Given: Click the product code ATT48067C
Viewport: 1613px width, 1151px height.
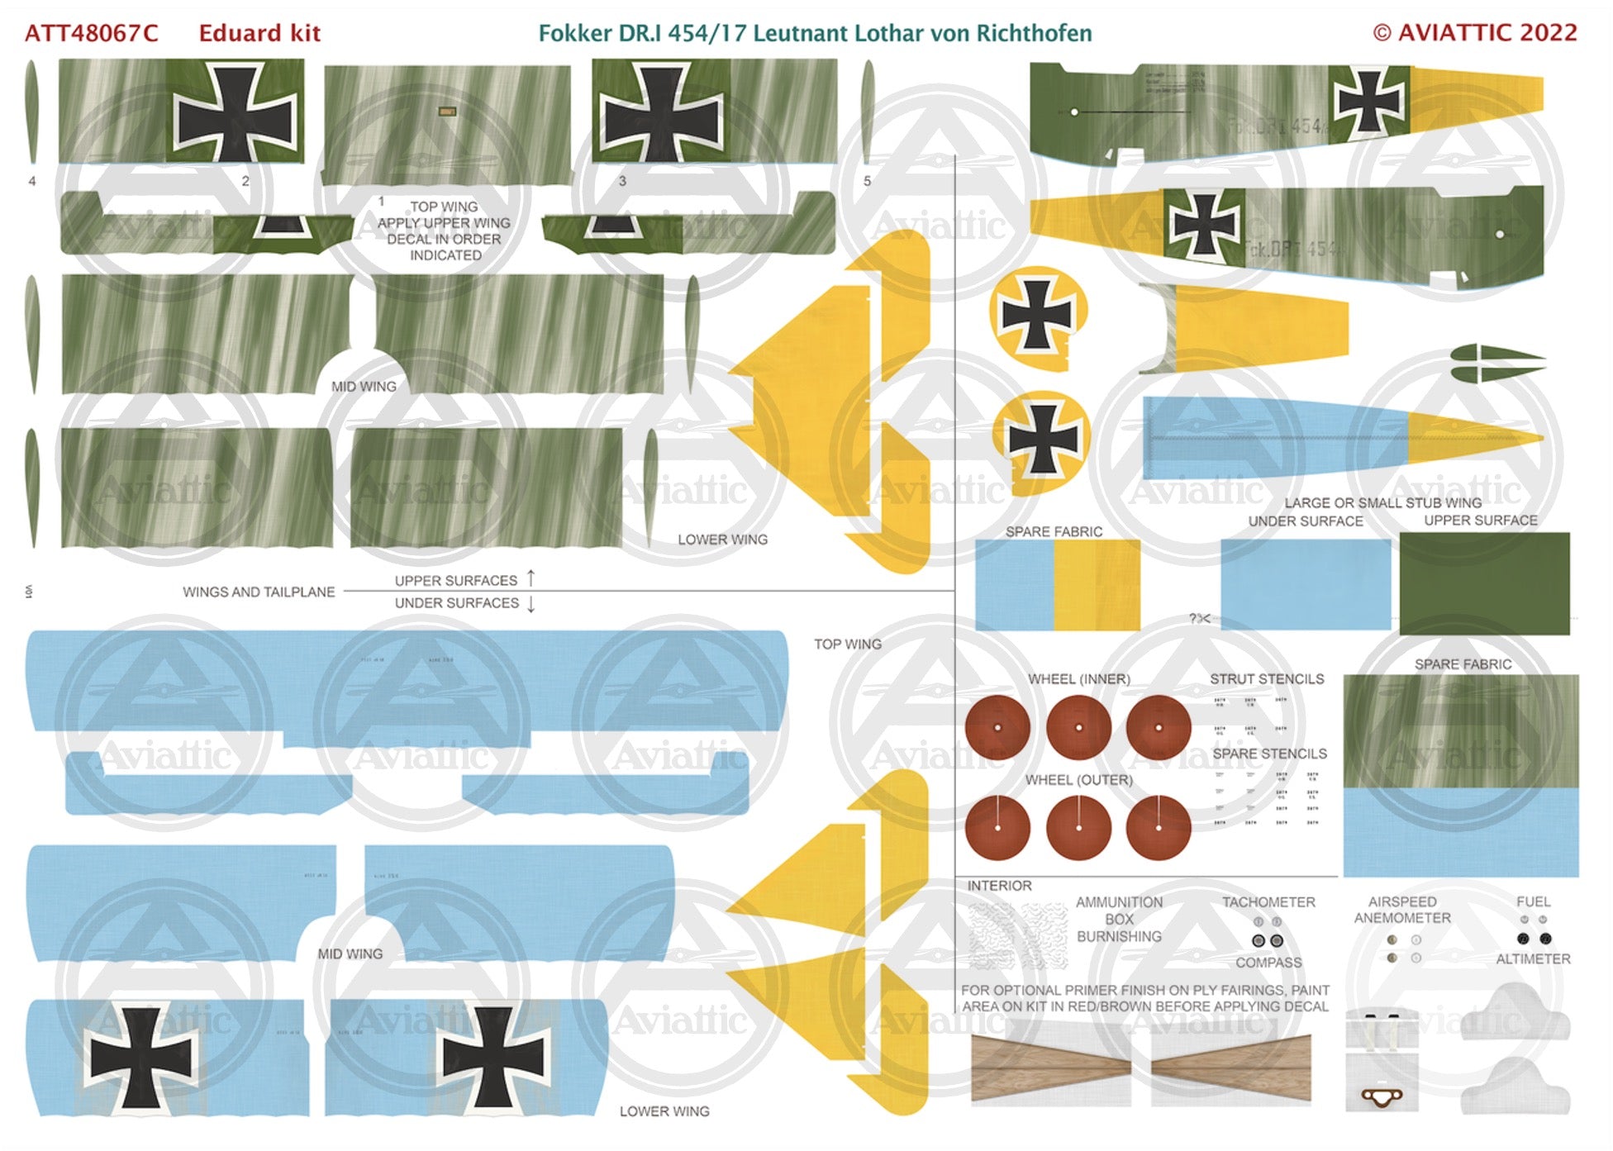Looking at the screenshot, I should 91,33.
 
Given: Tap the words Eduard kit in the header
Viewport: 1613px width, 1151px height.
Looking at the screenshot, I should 259,33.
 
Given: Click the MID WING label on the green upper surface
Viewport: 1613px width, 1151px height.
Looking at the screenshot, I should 364,387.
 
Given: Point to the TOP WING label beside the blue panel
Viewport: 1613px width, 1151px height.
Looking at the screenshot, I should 847,644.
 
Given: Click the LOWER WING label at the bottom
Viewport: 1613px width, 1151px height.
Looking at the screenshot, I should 664,1112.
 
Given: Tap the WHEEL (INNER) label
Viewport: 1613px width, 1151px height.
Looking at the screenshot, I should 1078,679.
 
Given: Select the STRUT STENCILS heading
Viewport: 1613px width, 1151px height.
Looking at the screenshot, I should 1267,679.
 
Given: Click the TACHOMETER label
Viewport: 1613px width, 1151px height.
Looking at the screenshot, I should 1268,902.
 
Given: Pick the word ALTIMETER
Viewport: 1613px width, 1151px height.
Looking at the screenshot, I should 1533,959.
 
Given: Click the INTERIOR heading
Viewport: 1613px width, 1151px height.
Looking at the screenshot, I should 999,886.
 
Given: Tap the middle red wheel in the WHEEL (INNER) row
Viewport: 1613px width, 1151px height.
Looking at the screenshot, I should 1078,727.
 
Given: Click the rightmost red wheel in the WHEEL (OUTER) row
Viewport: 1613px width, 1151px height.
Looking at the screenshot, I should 1159,828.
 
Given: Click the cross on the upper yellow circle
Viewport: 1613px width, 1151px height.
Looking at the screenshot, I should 1037,315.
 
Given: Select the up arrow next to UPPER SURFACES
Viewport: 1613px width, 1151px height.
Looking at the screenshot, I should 531,578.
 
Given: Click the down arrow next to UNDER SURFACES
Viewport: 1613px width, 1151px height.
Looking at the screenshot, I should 531,604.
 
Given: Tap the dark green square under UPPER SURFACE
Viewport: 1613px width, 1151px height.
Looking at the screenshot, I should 1484,583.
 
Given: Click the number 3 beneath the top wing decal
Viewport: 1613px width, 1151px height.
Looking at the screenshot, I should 622,181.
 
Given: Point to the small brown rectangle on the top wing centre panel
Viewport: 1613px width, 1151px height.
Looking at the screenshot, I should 447,111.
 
